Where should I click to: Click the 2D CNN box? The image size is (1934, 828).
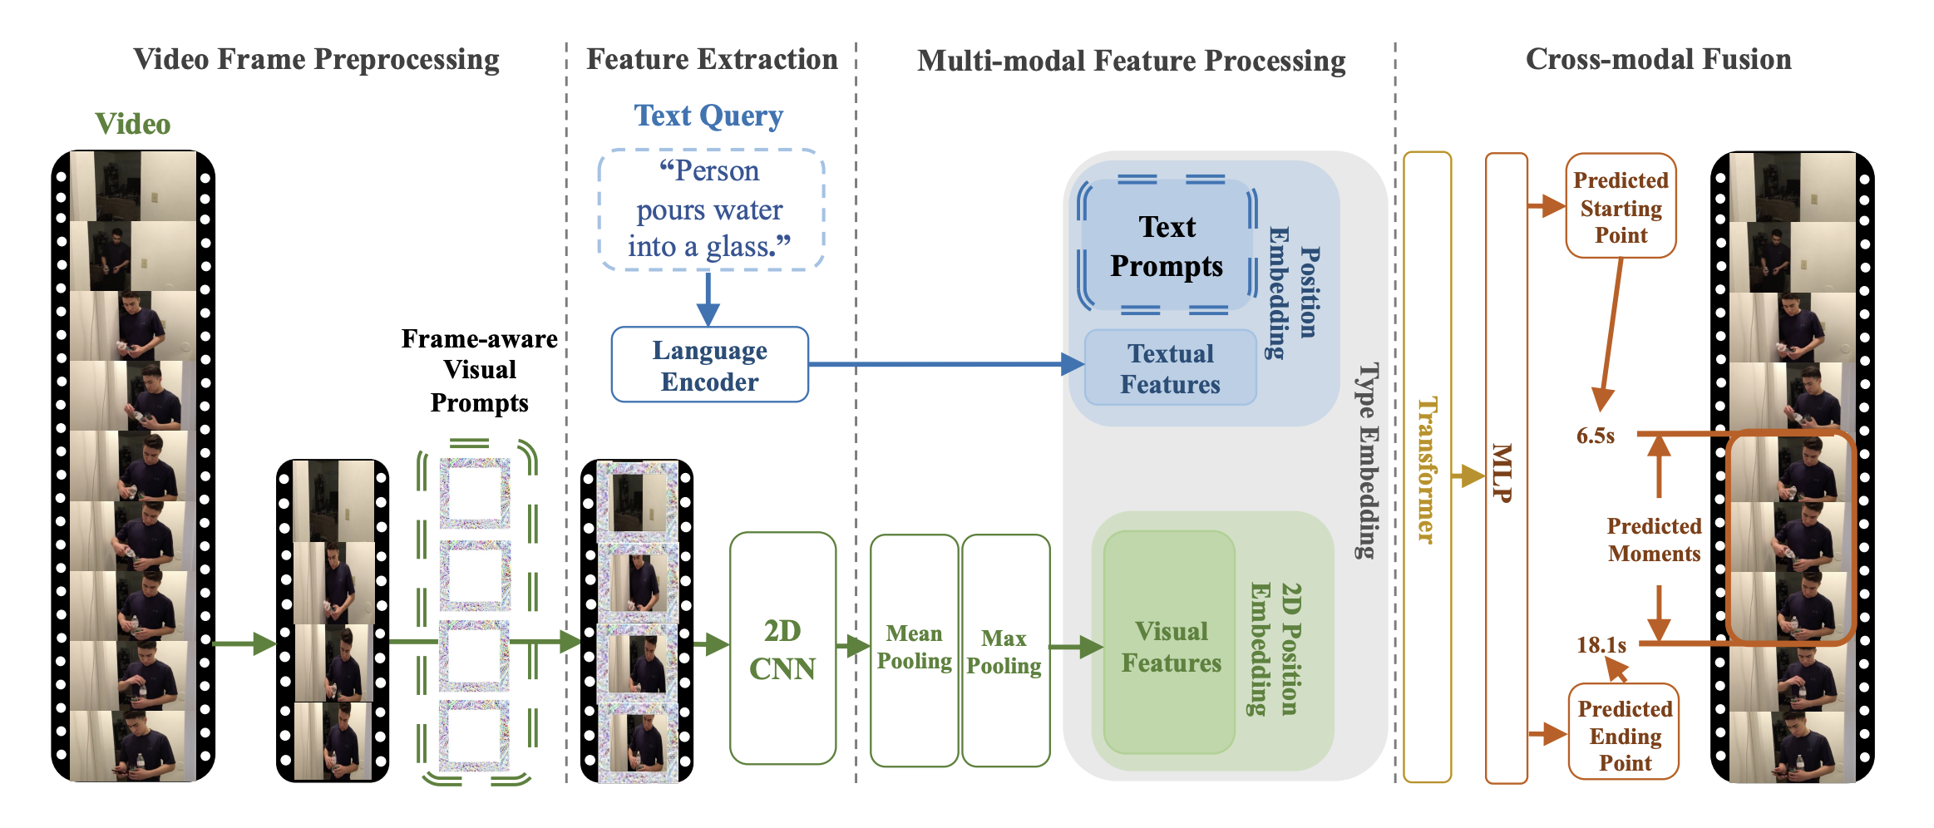(782, 648)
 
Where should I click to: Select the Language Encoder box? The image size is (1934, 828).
(709, 365)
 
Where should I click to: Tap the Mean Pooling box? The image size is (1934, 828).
(914, 649)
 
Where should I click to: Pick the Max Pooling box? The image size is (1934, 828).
(1004, 651)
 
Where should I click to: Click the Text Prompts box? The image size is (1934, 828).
(1167, 246)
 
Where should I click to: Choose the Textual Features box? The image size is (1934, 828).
(1170, 368)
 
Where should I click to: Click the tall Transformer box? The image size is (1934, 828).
(1427, 467)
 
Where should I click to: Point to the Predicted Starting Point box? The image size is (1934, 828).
(1621, 206)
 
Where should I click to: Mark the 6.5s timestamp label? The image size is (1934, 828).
(1595, 436)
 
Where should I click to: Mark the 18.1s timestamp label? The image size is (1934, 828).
(1601, 645)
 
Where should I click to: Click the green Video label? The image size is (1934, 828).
(133, 124)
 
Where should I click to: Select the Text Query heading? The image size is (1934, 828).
(708, 116)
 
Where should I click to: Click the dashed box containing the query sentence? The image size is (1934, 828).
(710, 209)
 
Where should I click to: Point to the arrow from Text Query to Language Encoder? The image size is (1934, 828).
(708, 298)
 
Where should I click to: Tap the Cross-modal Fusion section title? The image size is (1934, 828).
(1658, 59)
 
